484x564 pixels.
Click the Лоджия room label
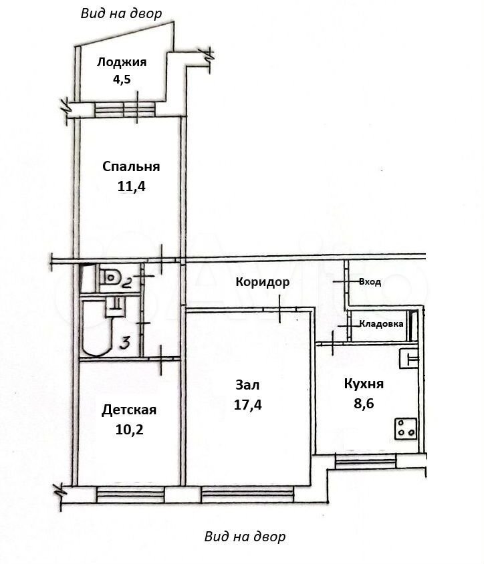tap(122, 63)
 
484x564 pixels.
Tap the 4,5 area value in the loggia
tap(122, 79)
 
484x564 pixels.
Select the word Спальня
tap(131, 166)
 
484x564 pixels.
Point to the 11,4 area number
tap(131, 186)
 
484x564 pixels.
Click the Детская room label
tap(129, 410)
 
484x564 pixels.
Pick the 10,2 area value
tap(129, 430)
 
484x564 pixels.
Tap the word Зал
tap(247, 385)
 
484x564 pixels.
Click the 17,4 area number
tap(247, 405)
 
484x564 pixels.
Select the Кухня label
tap(364, 384)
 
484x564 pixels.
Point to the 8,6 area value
tap(364, 403)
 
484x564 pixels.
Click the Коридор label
tap(262, 282)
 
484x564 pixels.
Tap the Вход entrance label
tap(370, 281)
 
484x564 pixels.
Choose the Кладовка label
tap(381, 323)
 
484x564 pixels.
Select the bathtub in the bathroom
tap(97, 327)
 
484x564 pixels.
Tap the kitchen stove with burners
tap(406, 428)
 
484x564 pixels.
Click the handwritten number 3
tap(124, 343)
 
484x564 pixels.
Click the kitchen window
tap(365, 461)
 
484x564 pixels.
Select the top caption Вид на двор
tap(121, 13)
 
